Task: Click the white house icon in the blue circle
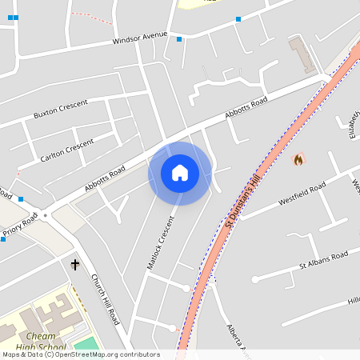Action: click(x=180, y=173)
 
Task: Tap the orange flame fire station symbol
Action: click(x=298, y=159)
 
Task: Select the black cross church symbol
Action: click(x=76, y=264)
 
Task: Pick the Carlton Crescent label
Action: click(x=66, y=150)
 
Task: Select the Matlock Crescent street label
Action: click(x=160, y=243)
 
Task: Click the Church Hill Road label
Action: click(x=105, y=299)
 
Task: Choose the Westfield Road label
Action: click(x=302, y=194)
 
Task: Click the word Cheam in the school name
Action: click(x=40, y=336)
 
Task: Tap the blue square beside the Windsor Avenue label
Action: click(x=179, y=38)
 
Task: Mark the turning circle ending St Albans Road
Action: click(x=254, y=279)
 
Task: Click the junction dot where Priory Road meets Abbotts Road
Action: click(x=46, y=215)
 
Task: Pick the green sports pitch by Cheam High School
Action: click(x=87, y=344)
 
